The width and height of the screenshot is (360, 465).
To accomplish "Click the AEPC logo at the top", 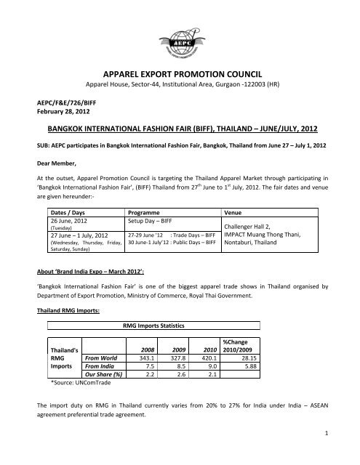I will [180, 33].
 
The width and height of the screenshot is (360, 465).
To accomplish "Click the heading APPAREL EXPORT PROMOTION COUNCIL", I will [180, 74].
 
